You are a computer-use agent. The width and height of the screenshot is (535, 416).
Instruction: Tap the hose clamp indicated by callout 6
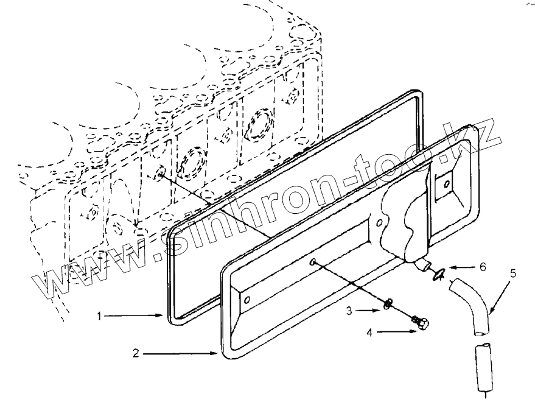[437, 275]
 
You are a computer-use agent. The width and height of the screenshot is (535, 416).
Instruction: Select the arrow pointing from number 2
[183, 353]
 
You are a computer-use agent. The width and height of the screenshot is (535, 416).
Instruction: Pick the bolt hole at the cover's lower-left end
[246, 300]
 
